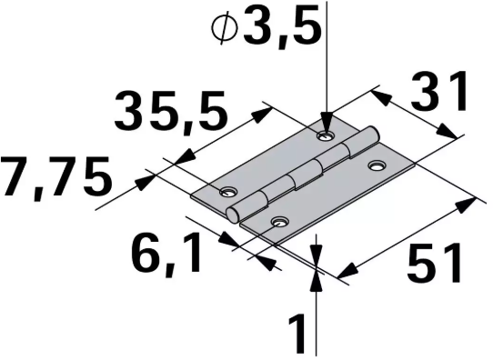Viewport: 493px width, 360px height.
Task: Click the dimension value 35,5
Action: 169,114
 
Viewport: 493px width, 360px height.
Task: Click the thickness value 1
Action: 297,333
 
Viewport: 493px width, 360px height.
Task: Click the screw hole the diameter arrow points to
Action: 324,135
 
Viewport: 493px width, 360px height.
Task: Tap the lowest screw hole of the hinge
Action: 279,221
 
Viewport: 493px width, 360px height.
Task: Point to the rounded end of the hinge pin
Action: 235,215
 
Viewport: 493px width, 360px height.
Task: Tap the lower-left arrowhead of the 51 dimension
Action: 344,272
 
